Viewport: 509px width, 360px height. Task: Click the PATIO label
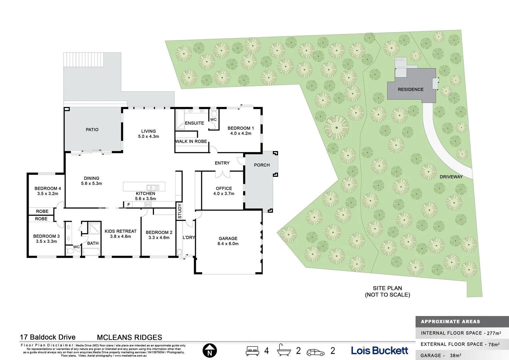(92, 130)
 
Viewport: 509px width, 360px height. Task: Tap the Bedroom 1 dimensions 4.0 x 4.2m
(241, 133)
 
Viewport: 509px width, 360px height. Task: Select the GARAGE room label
(228, 238)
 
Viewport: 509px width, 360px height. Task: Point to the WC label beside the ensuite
(213, 120)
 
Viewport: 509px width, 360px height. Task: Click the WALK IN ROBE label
(191, 141)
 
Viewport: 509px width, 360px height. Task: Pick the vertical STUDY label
(180, 211)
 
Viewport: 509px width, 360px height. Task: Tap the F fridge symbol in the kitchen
(129, 205)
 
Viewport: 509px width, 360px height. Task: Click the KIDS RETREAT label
(120, 231)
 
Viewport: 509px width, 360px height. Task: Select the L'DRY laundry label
(189, 238)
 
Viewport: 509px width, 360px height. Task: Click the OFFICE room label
(224, 188)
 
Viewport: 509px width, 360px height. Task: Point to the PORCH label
(261, 165)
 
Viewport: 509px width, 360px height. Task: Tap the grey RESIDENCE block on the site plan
(411, 89)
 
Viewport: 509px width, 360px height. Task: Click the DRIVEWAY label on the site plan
(451, 177)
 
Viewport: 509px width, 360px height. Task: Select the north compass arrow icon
(210, 351)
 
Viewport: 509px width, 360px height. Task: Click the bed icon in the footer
(252, 351)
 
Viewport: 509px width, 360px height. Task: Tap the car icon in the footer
(315, 352)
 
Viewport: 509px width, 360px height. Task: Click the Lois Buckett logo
(379, 351)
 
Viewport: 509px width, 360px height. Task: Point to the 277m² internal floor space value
(494, 333)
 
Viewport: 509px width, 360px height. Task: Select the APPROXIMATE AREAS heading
(450, 322)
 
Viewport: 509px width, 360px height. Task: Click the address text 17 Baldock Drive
(48, 337)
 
